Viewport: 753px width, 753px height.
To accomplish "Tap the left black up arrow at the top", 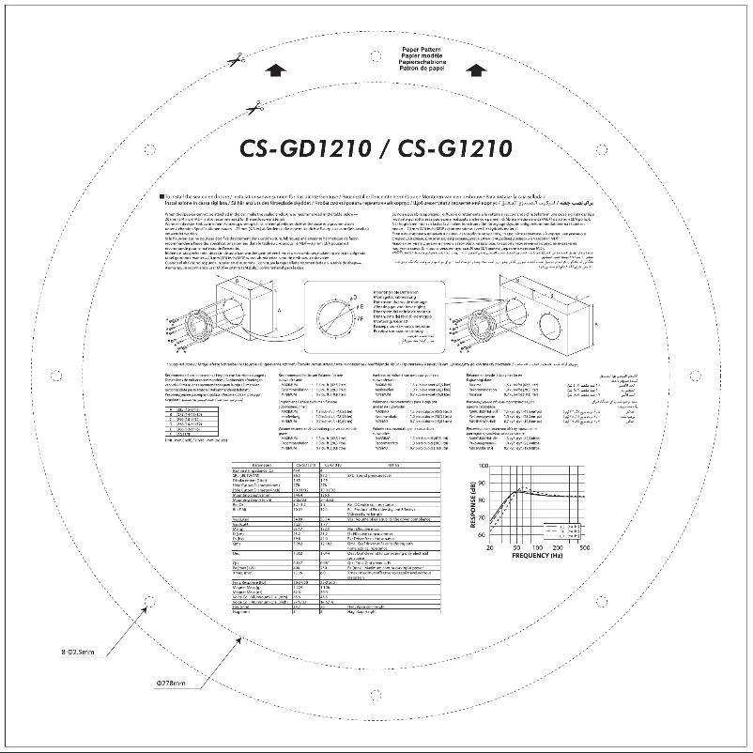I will point(274,68).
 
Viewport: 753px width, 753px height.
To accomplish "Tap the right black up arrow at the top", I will point(477,68).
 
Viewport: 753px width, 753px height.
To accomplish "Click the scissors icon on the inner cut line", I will point(253,108).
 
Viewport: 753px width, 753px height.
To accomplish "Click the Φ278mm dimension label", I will point(171,682).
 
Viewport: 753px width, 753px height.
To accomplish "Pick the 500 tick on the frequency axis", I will point(584,546).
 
